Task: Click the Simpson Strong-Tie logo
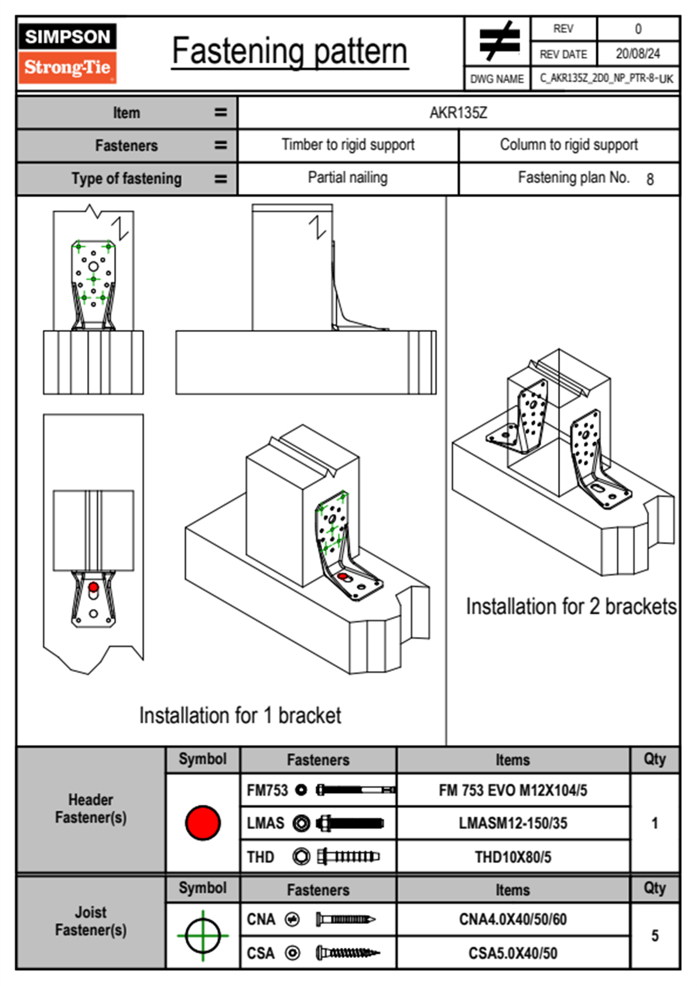(67, 53)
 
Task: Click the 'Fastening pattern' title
(289, 51)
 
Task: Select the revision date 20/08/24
(637, 54)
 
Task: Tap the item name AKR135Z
(458, 113)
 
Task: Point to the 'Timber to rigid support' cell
(348, 145)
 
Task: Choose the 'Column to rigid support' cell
(569, 145)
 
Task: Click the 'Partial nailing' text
(348, 178)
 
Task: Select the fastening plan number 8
(650, 179)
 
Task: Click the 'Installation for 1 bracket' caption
(240, 716)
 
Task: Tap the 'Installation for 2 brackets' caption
(571, 607)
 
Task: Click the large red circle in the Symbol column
(203, 822)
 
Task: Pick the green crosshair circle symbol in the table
(203, 936)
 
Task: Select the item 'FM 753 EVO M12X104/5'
(512, 790)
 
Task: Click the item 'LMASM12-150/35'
(512, 823)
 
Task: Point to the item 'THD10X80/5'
(512, 857)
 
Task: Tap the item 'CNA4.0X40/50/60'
(512, 919)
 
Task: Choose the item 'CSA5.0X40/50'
(512, 953)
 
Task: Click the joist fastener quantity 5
(655, 936)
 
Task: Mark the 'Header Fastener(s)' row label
(91, 808)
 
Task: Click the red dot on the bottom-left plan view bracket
(93, 587)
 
